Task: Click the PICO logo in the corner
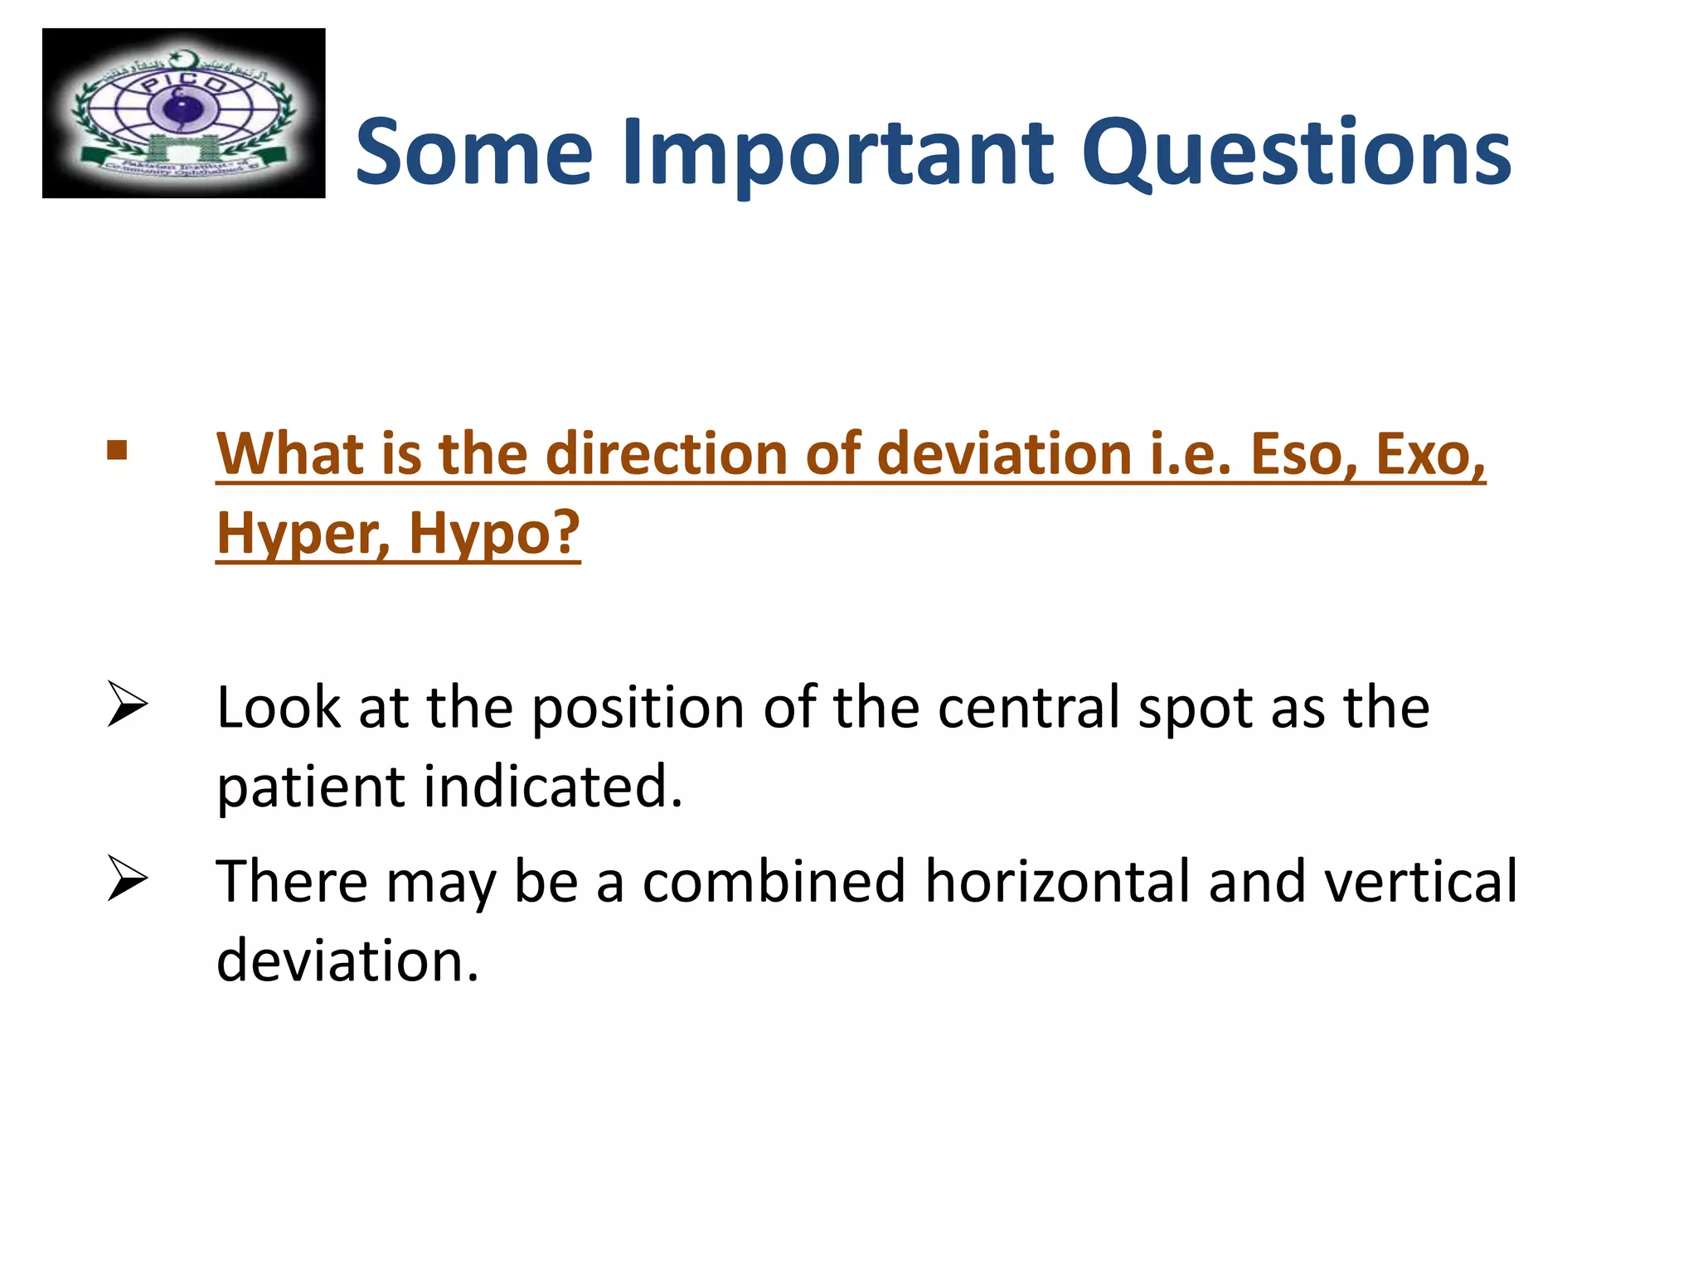(183, 114)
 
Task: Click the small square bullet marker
(117, 451)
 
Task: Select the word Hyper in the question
(303, 535)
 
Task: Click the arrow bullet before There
(127, 879)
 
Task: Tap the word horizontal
(1057, 881)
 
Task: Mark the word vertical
(1420, 881)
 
